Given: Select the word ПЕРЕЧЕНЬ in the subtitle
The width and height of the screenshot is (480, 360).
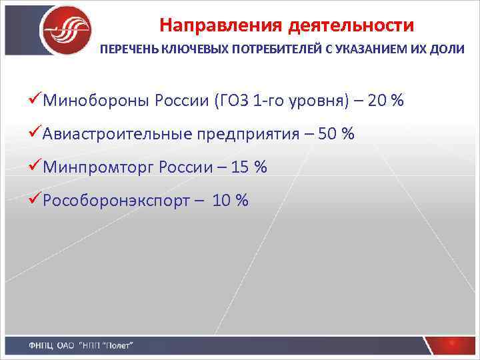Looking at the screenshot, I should pyautogui.click(x=129, y=51).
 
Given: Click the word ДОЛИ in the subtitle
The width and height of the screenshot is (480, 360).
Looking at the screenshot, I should pyautogui.click(x=448, y=51).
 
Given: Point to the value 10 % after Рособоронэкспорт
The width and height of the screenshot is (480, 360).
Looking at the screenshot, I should pyautogui.click(x=230, y=200).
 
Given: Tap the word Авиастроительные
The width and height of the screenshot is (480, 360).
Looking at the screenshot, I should pyautogui.click(x=117, y=134).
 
